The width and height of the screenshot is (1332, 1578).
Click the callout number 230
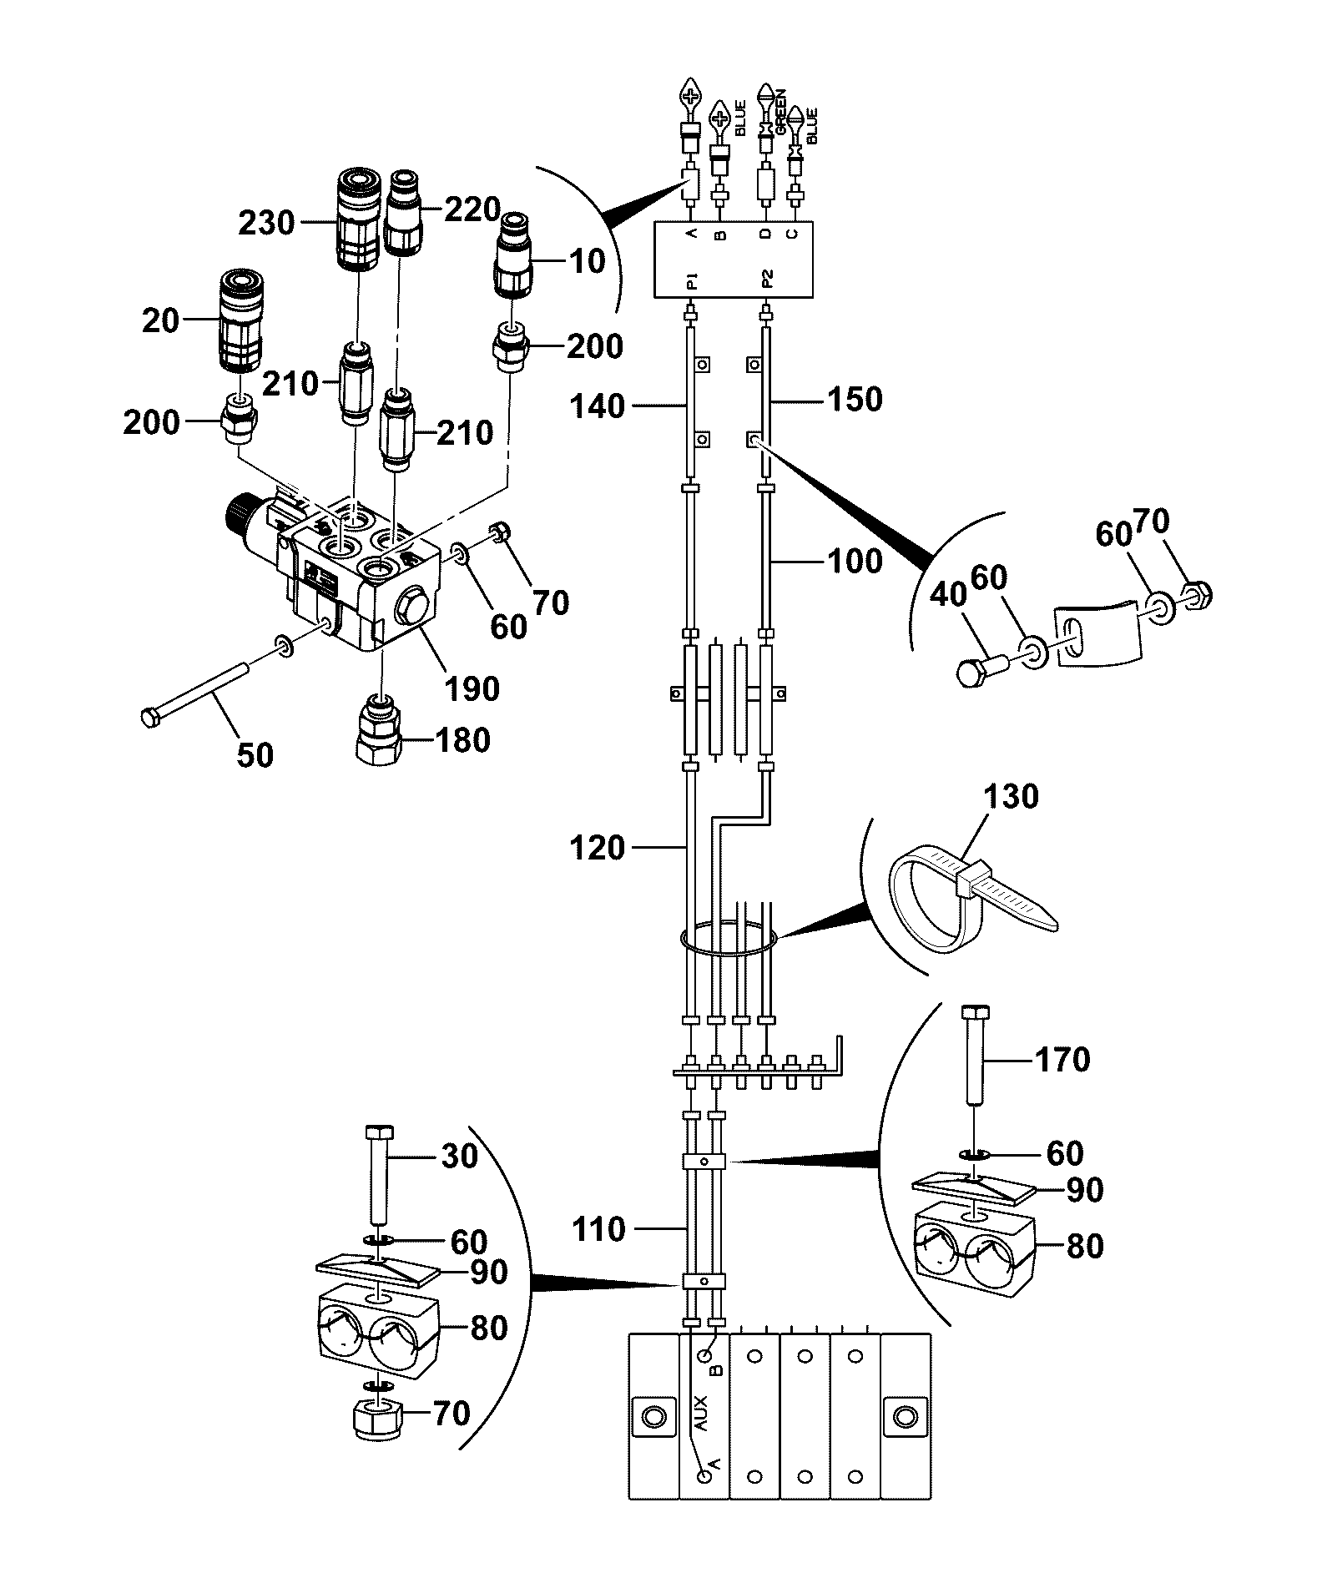tap(267, 223)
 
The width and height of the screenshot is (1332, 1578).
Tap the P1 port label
tap(692, 282)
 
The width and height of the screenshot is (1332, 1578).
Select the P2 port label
tap(768, 282)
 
